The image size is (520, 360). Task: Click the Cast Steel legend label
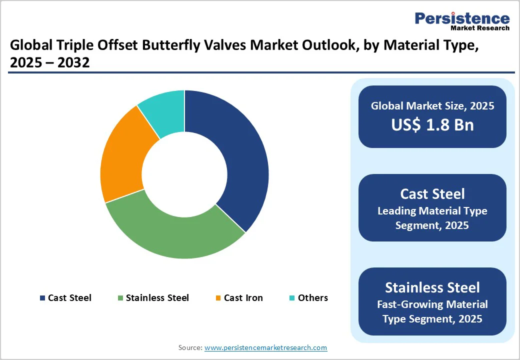[x=69, y=298]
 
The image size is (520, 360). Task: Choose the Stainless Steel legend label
[x=157, y=298]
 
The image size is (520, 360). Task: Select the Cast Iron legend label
[x=243, y=298]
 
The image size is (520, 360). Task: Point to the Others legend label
[x=313, y=298]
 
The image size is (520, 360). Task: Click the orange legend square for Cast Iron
[x=218, y=298]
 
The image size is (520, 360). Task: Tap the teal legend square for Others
[x=292, y=298]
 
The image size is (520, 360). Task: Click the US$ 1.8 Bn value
[x=432, y=124]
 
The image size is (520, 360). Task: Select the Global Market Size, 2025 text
[x=432, y=106]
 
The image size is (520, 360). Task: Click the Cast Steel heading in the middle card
[x=432, y=194]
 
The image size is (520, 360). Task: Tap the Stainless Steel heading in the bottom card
[x=432, y=287]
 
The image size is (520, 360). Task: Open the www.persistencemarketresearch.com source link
[x=265, y=347]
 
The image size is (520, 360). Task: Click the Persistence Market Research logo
[x=462, y=21]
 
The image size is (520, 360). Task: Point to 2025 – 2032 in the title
[x=49, y=63]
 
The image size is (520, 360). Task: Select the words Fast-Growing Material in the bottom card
[x=432, y=304]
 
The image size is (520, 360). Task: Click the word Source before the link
[x=190, y=347]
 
